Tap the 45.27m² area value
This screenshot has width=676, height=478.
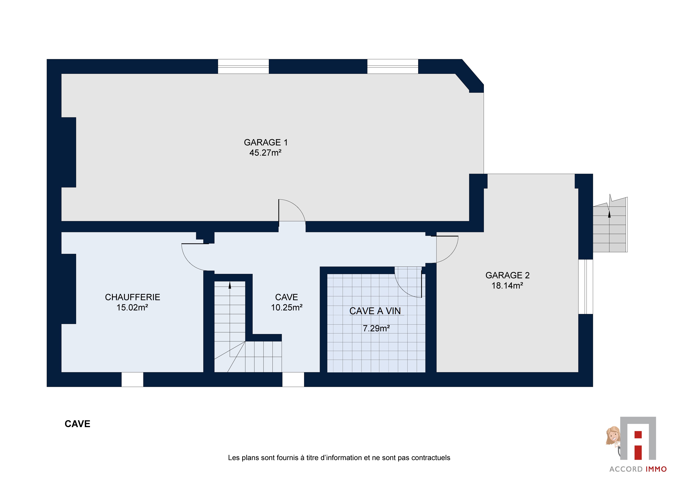coord(266,153)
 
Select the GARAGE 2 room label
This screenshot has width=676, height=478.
coord(507,275)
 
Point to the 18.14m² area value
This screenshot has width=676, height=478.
coord(507,286)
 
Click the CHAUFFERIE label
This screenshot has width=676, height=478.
coord(133,297)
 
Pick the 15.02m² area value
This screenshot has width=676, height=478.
coord(132,307)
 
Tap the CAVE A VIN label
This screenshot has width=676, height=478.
coord(375,311)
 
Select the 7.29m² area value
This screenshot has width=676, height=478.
coord(376,328)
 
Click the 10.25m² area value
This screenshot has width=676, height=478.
coord(287,307)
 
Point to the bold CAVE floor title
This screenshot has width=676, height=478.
coord(77,424)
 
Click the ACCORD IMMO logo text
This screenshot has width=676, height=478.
coord(638,469)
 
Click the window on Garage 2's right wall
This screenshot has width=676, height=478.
coord(586,287)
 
